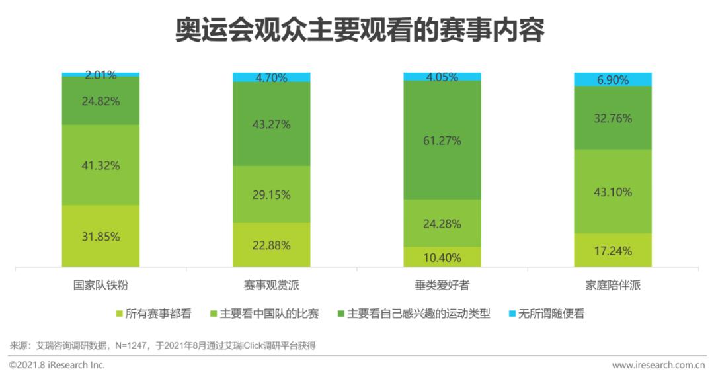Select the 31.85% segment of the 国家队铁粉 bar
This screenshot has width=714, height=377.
point(101,236)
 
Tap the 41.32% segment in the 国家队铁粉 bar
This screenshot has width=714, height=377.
point(101,165)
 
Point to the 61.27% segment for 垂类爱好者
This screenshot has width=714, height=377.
point(442,140)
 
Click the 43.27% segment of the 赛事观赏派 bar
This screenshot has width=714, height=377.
point(272,124)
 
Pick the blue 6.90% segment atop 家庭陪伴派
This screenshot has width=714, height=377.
point(613,79)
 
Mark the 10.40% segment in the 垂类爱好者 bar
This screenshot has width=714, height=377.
point(442,257)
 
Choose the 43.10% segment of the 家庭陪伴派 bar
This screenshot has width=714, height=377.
point(613,192)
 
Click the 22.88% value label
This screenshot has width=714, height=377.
point(272,245)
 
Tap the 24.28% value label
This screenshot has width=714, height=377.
point(442,224)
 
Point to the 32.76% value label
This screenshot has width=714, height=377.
point(613,119)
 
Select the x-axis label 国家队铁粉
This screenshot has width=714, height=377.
point(101,286)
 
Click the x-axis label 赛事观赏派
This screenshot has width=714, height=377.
point(272,286)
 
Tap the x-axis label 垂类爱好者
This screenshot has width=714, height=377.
point(442,286)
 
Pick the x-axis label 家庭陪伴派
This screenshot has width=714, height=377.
point(613,286)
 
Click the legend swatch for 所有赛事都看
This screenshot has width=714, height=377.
point(120,314)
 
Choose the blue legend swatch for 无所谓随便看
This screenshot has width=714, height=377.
point(512,314)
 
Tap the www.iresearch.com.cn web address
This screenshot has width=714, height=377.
point(658,365)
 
